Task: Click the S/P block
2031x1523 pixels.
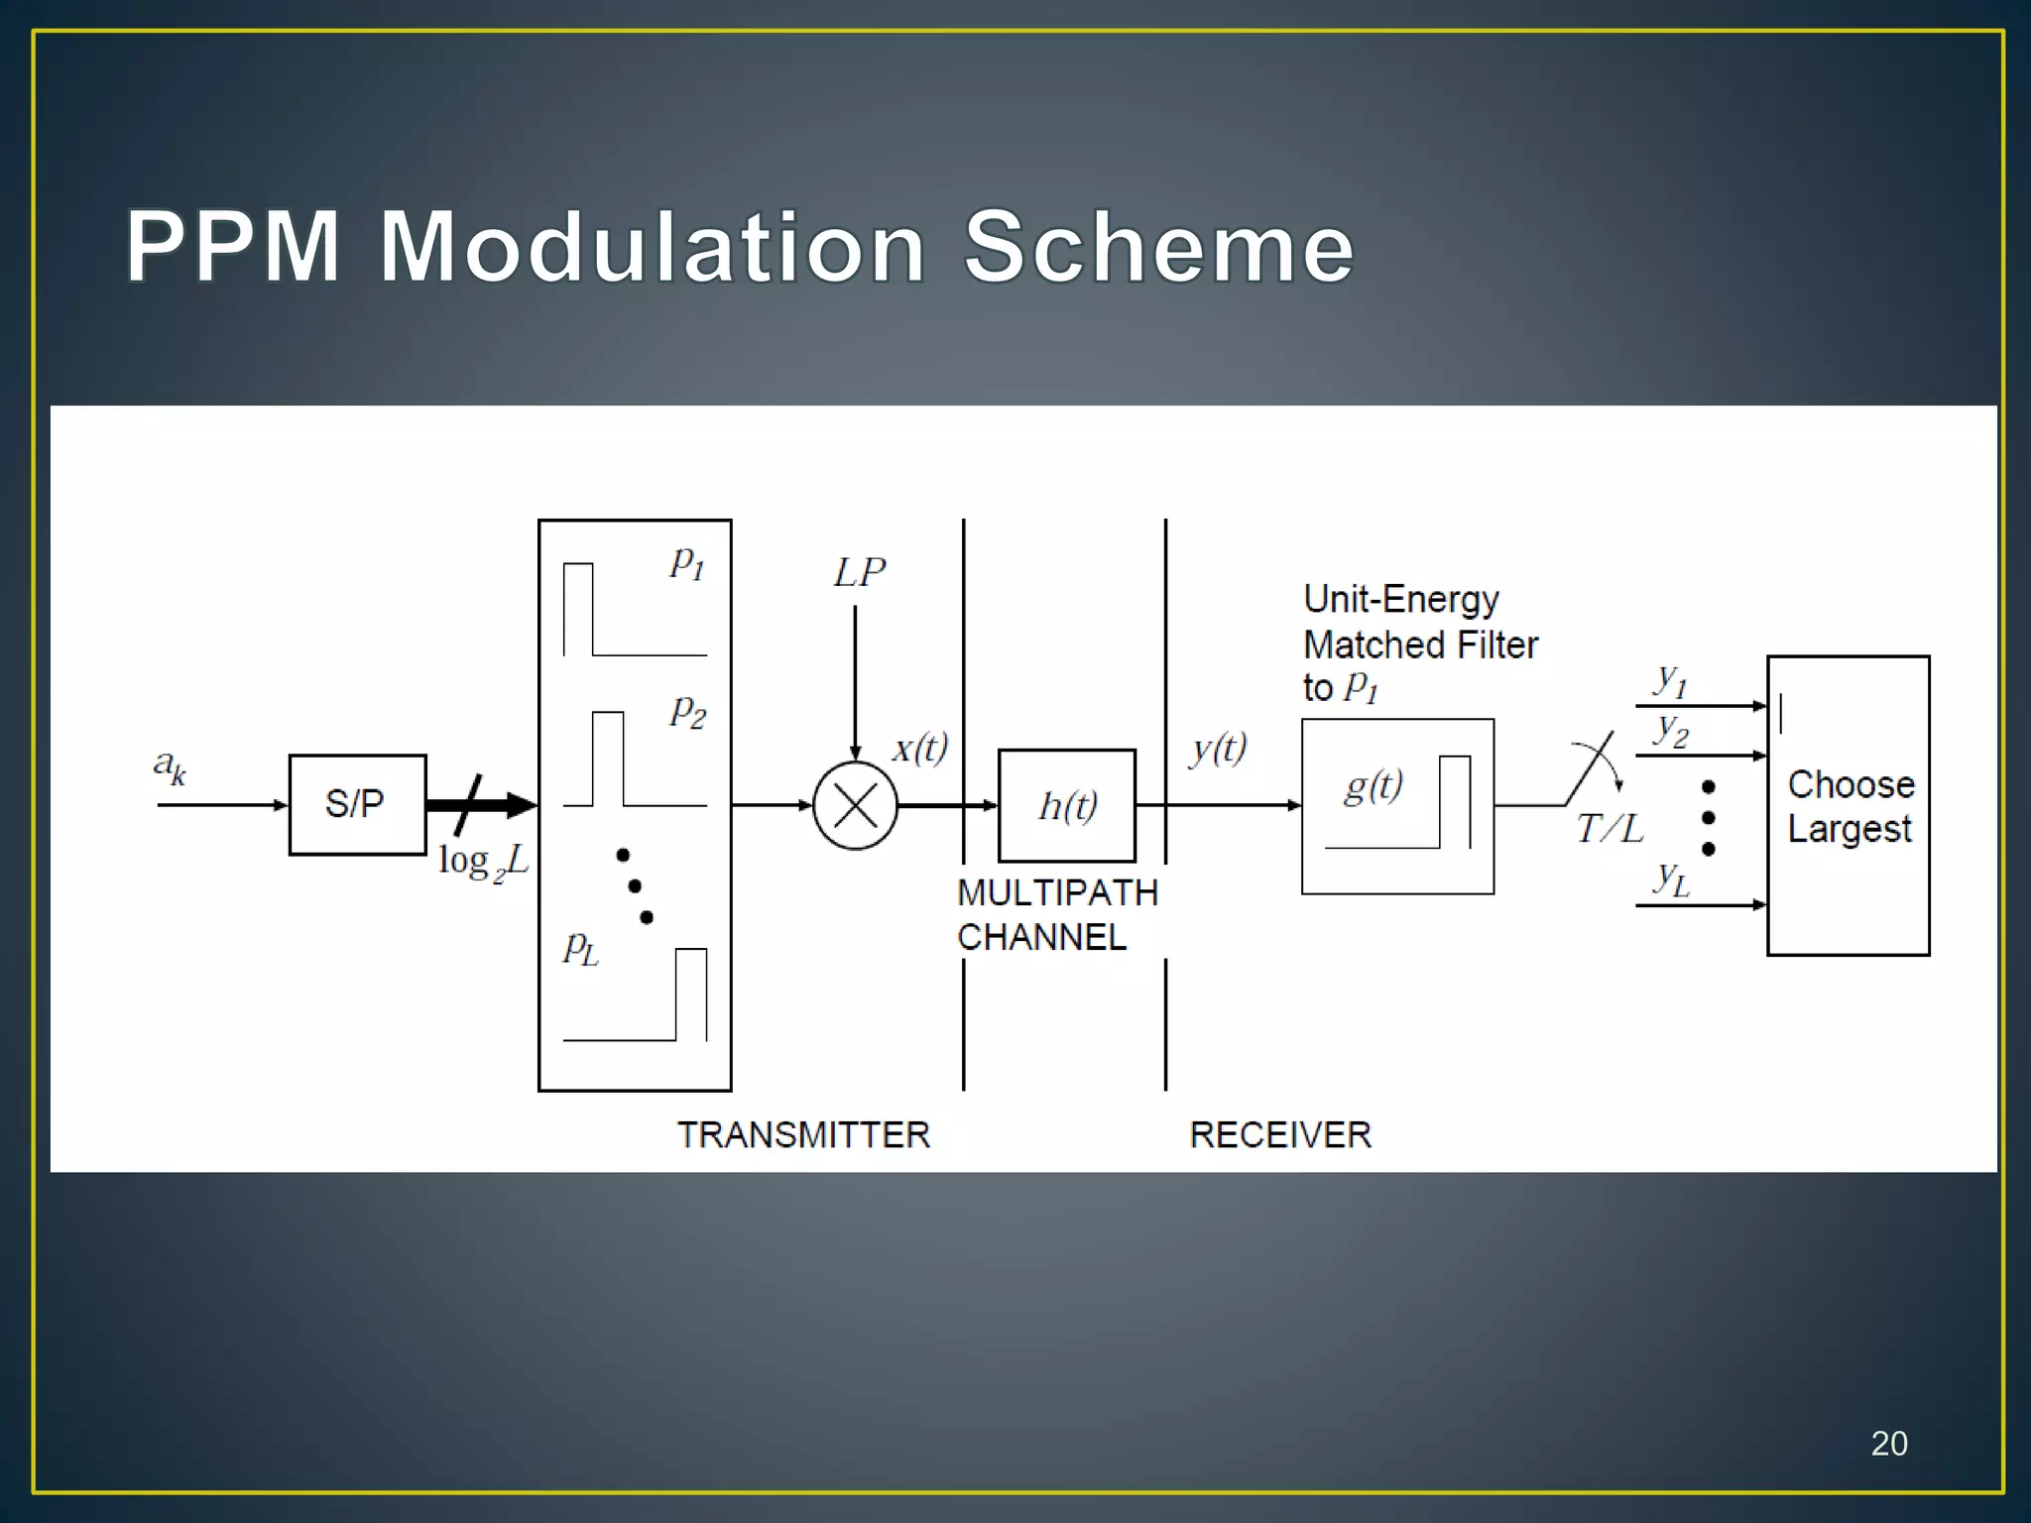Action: (357, 804)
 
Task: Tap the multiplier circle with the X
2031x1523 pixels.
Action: (855, 805)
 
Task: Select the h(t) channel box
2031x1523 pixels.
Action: (1067, 806)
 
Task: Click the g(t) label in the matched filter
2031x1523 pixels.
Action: (1374, 786)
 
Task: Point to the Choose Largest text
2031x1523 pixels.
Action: (1850, 806)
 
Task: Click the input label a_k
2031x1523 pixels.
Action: (170, 765)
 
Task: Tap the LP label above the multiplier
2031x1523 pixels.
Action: (859, 573)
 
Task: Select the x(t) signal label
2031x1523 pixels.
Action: (920, 748)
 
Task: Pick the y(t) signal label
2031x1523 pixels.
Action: (1219, 749)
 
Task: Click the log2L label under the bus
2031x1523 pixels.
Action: (483, 861)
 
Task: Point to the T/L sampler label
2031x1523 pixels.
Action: (1610, 828)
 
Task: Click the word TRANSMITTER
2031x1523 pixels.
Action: (803, 1134)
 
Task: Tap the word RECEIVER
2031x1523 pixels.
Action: (1280, 1134)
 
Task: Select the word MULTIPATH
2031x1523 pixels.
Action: (1057, 892)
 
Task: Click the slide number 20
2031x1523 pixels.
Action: (1888, 1444)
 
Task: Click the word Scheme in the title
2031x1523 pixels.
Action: (1158, 247)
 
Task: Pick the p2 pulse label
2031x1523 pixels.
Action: (688, 711)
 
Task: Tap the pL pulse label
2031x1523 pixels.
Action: (581, 948)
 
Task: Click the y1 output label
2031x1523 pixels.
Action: (1671, 680)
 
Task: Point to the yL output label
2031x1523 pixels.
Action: (1672, 879)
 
